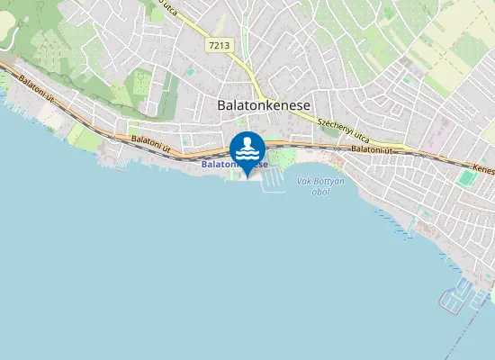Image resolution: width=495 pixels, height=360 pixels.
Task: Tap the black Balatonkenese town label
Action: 264,104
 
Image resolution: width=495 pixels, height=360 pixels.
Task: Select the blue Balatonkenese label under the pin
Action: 234,165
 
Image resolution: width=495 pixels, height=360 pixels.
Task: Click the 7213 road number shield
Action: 217,44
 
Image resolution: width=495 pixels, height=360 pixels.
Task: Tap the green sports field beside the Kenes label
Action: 465,177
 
